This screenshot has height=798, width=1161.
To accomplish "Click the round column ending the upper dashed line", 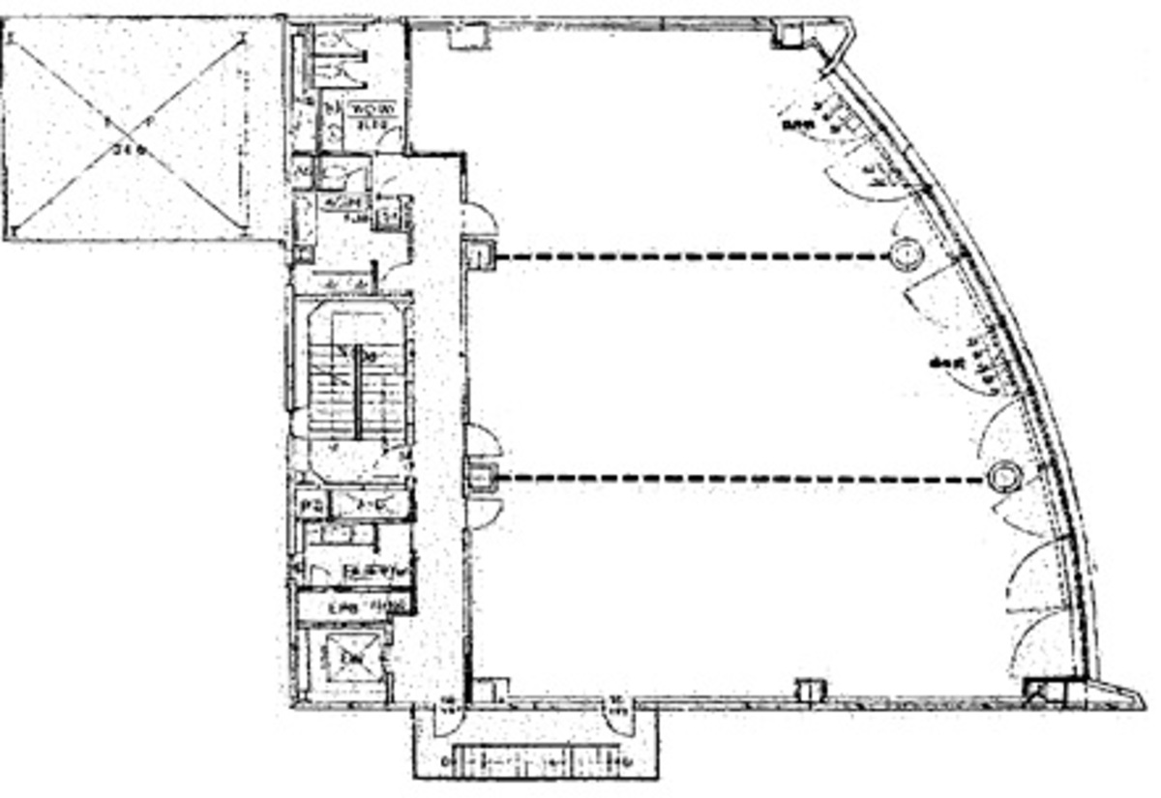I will coord(907,254).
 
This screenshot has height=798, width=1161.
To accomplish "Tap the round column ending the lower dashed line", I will coord(1005,477).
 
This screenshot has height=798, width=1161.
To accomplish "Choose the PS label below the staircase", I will coord(312,505).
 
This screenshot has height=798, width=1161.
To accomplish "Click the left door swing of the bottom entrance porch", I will coord(450,716).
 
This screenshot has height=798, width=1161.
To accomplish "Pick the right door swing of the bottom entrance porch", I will coord(615,716).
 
